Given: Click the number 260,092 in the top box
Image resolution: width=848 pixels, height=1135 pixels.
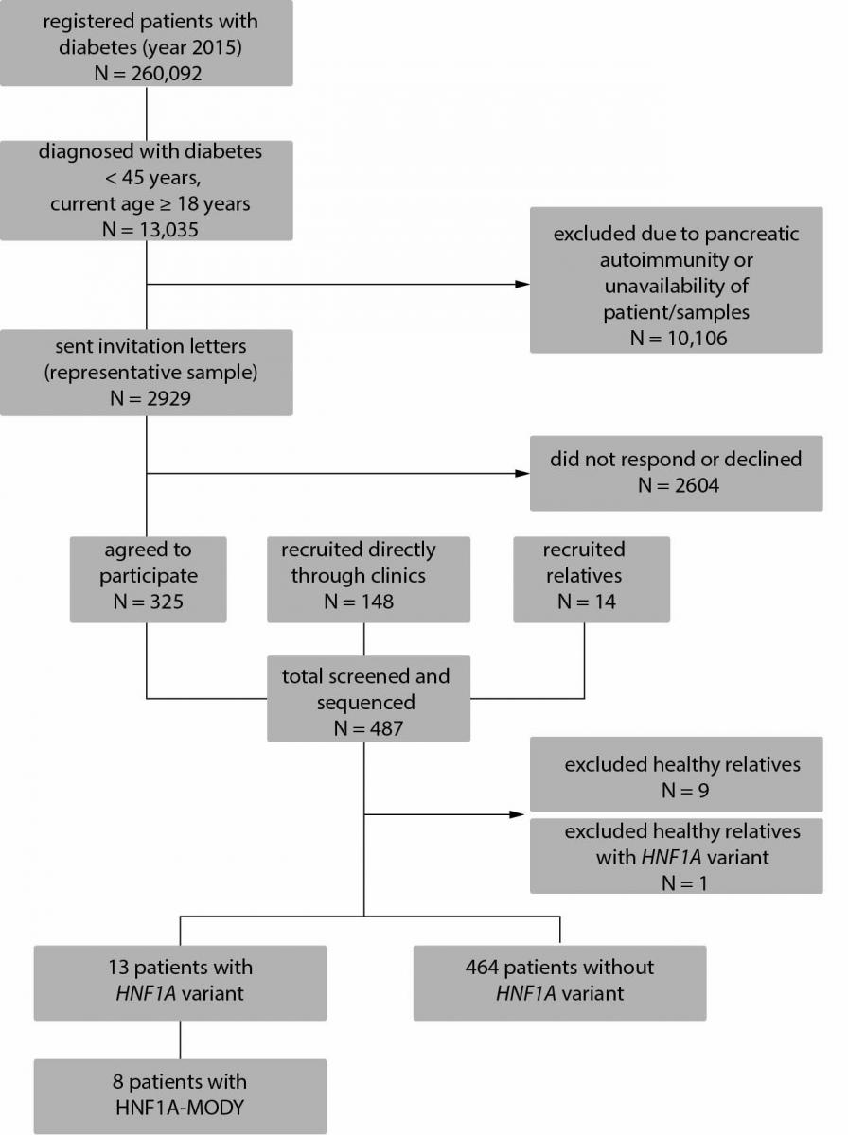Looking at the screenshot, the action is pyautogui.click(x=166, y=73).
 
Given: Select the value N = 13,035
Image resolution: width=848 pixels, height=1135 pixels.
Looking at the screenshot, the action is pyautogui.click(x=150, y=229).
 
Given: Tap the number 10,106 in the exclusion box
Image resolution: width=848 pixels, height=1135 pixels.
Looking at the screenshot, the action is pyautogui.click(x=697, y=338).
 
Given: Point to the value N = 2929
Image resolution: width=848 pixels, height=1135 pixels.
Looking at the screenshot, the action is pyautogui.click(x=150, y=397).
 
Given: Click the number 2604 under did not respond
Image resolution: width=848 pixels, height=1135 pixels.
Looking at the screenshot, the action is pyautogui.click(x=697, y=485).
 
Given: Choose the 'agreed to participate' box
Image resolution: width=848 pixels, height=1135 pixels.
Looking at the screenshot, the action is pyautogui.click(x=148, y=579).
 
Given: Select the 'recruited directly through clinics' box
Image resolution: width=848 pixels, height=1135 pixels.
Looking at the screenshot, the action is pyautogui.click(x=368, y=579).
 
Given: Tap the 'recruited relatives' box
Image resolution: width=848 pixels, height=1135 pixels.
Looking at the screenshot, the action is pyautogui.click(x=592, y=579).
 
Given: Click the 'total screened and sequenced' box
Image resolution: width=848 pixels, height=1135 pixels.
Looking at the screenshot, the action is pyautogui.click(x=368, y=699).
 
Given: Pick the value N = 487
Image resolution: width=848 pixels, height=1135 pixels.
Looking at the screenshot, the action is pyautogui.click(x=368, y=728).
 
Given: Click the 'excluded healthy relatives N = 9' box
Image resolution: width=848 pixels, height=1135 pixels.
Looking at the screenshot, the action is pyautogui.click(x=677, y=774).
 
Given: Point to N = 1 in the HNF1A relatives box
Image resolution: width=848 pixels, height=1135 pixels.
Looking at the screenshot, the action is pyautogui.click(x=684, y=882).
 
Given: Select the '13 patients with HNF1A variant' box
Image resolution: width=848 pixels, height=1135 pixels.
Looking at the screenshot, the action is pyautogui.click(x=180, y=983).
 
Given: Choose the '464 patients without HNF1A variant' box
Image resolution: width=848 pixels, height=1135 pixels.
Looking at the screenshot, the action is pyautogui.click(x=560, y=983).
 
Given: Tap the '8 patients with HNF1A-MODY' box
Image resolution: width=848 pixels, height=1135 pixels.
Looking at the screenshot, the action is pyautogui.click(x=180, y=1096).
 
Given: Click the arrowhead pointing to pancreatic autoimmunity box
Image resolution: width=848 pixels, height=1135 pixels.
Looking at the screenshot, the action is pyautogui.click(x=522, y=284).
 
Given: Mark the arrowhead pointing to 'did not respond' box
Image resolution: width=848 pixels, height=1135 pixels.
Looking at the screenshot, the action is pyautogui.click(x=522, y=473).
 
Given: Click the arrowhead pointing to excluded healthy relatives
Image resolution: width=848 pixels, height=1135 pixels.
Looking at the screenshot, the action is pyautogui.click(x=517, y=814).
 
